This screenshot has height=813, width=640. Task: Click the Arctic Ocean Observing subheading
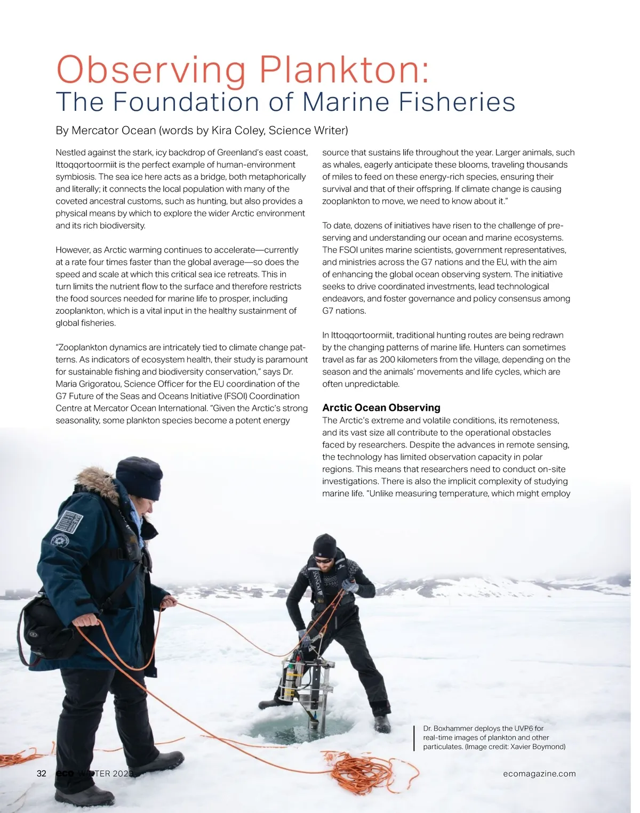click(381, 408)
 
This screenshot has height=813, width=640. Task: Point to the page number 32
click(42, 774)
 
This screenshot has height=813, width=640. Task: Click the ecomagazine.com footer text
click(539, 774)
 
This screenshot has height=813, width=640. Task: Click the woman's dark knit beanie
click(140, 477)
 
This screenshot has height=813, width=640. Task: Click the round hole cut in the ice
click(301, 726)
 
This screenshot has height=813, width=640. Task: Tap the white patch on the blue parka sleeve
click(69, 519)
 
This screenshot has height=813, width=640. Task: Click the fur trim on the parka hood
click(98, 482)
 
